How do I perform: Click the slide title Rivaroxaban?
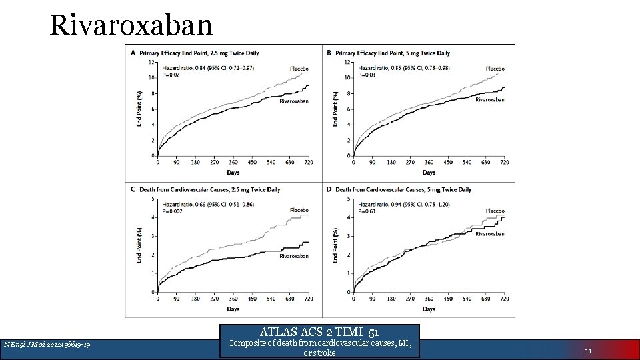(x=131, y=25)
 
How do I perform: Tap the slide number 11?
(x=588, y=348)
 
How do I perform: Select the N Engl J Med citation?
(x=47, y=344)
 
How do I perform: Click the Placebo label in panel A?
(x=299, y=69)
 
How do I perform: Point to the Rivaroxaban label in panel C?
(x=294, y=256)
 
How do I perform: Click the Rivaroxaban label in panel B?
(x=490, y=100)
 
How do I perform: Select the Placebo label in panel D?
(x=495, y=211)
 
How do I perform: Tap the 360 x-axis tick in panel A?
(x=233, y=162)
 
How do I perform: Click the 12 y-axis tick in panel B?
(x=347, y=62)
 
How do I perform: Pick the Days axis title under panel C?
(x=233, y=309)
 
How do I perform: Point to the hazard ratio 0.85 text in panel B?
(x=403, y=68)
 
